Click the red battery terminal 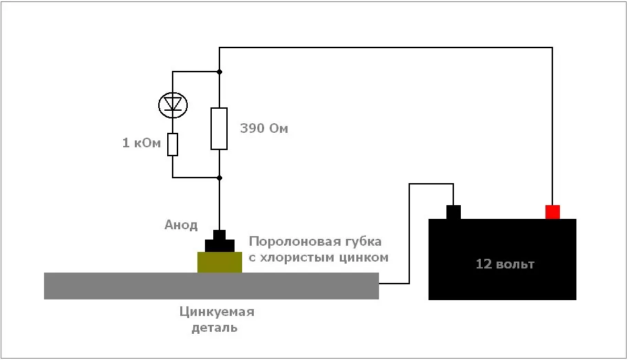(x=552, y=212)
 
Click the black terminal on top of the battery (x=453, y=212)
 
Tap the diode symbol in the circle (x=172, y=105)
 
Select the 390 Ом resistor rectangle (x=219, y=128)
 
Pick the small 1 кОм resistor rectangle (x=172, y=145)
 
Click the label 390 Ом (x=263, y=129)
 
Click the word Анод (x=181, y=225)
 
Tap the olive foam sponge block (x=219, y=262)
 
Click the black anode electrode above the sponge (x=219, y=242)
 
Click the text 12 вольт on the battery (x=505, y=264)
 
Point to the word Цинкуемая (x=217, y=313)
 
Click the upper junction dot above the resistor (x=219, y=72)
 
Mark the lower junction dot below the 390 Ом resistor (x=219, y=177)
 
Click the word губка (x=363, y=242)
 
